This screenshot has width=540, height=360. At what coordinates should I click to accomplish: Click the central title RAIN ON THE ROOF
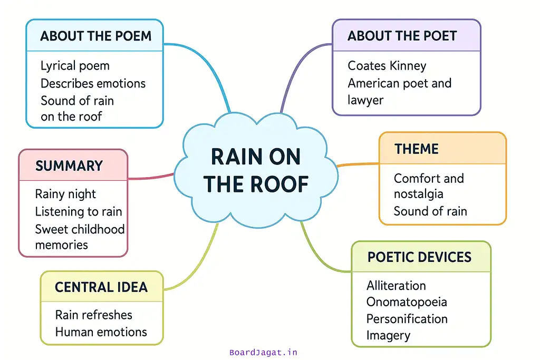[256, 170]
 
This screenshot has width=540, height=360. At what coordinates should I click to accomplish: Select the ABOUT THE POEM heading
[95, 36]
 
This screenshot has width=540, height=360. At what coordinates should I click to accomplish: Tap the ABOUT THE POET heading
[402, 36]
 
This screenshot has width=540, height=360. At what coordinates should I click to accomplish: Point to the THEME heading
[417, 149]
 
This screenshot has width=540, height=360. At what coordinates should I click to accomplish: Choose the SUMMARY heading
[69, 166]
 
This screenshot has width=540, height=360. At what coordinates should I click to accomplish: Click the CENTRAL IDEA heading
[101, 287]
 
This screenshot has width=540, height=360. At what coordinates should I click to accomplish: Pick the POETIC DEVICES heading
[419, 257]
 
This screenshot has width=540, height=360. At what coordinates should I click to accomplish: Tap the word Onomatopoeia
[407, 302]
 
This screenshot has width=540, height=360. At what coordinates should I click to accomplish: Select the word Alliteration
[396, 286]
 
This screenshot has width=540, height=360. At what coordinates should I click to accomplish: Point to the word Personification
[407, 319]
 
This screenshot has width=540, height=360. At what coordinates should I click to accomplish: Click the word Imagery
[388, 335]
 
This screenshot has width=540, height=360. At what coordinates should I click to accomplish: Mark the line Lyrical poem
[75, 66]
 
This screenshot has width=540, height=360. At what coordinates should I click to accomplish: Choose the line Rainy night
[65, 194]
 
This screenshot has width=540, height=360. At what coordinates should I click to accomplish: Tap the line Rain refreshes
[93, 315]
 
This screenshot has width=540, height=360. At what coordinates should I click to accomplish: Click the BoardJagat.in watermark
[263, 353]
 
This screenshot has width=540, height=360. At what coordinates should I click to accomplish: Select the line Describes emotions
[93, 83]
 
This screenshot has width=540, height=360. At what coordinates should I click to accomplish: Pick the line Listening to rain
[78, 211]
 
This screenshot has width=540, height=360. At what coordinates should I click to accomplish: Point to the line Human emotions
[101, 332]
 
